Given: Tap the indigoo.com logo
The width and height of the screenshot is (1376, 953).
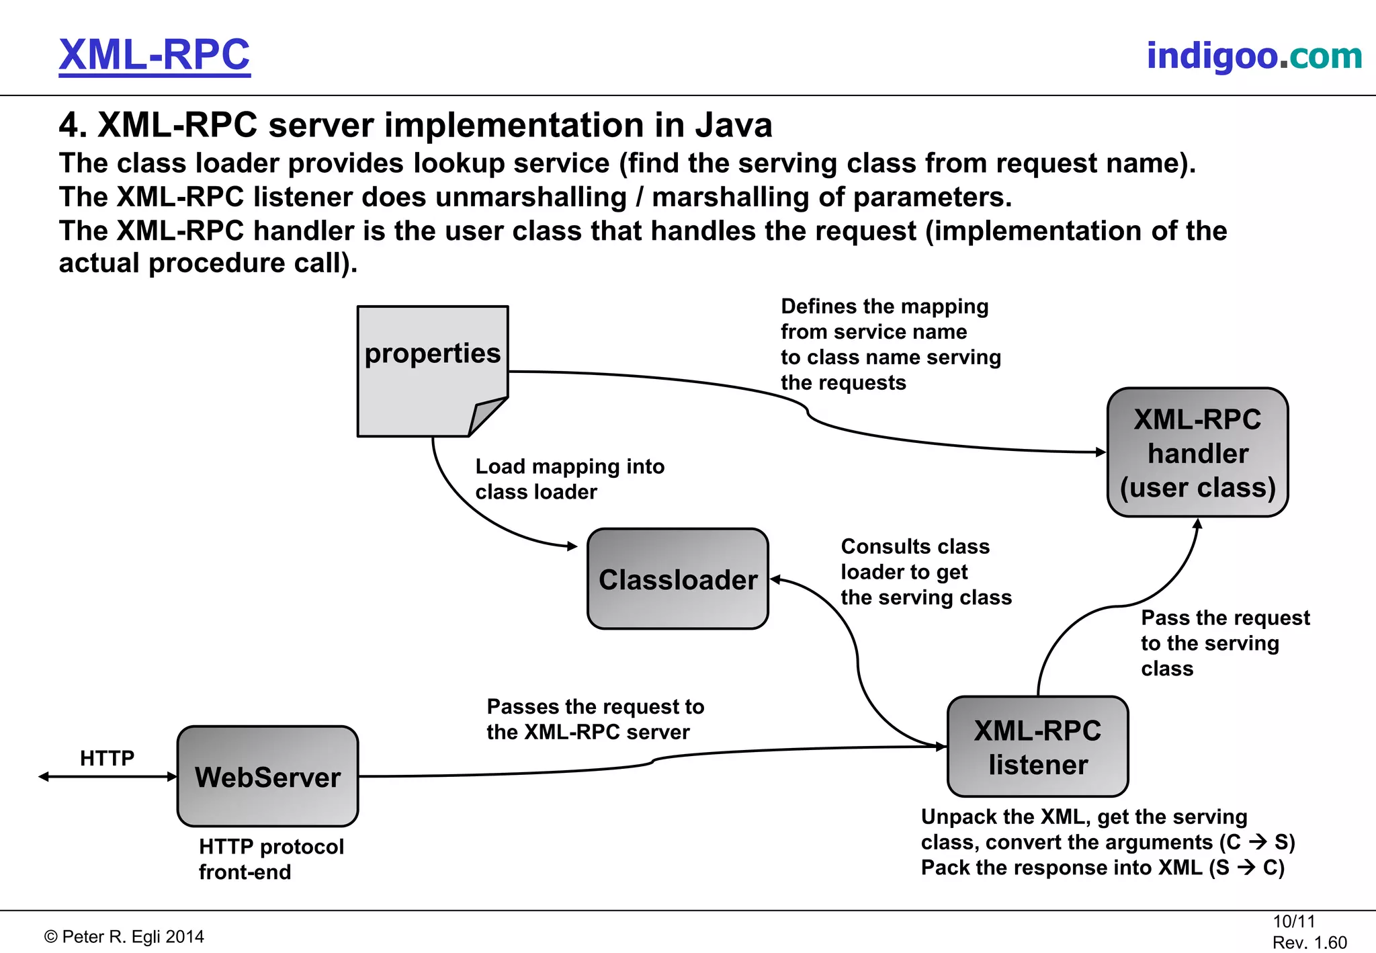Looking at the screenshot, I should coord(1254,55).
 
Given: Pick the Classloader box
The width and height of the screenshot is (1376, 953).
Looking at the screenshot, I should coord(677,579).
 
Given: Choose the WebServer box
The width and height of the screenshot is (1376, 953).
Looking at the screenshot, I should coord(267,776).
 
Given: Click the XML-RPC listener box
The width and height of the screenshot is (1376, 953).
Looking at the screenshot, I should coord(1037,747).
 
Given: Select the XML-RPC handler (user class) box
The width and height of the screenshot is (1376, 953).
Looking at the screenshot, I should coord(1197,452).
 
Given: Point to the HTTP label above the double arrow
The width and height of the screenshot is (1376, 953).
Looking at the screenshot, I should coord(107,758).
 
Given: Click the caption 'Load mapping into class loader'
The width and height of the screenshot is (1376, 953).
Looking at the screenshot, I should coord(569,479).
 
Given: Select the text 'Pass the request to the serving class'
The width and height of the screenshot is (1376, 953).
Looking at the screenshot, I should coord(1224,643).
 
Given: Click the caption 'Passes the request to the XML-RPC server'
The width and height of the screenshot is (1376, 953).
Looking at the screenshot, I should coord(595,718).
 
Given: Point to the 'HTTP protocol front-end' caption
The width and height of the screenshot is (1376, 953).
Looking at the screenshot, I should coord(271,859).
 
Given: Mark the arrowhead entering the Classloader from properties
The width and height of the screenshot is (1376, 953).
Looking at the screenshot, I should coord(572,546).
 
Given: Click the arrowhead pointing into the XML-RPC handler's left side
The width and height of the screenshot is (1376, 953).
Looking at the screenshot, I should coord(1101,452).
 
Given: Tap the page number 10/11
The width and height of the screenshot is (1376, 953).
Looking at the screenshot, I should coord(1293,921).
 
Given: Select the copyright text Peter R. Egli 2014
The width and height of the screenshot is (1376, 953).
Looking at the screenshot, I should coord(124,936).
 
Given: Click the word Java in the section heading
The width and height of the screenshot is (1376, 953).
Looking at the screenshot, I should coord(733,125).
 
